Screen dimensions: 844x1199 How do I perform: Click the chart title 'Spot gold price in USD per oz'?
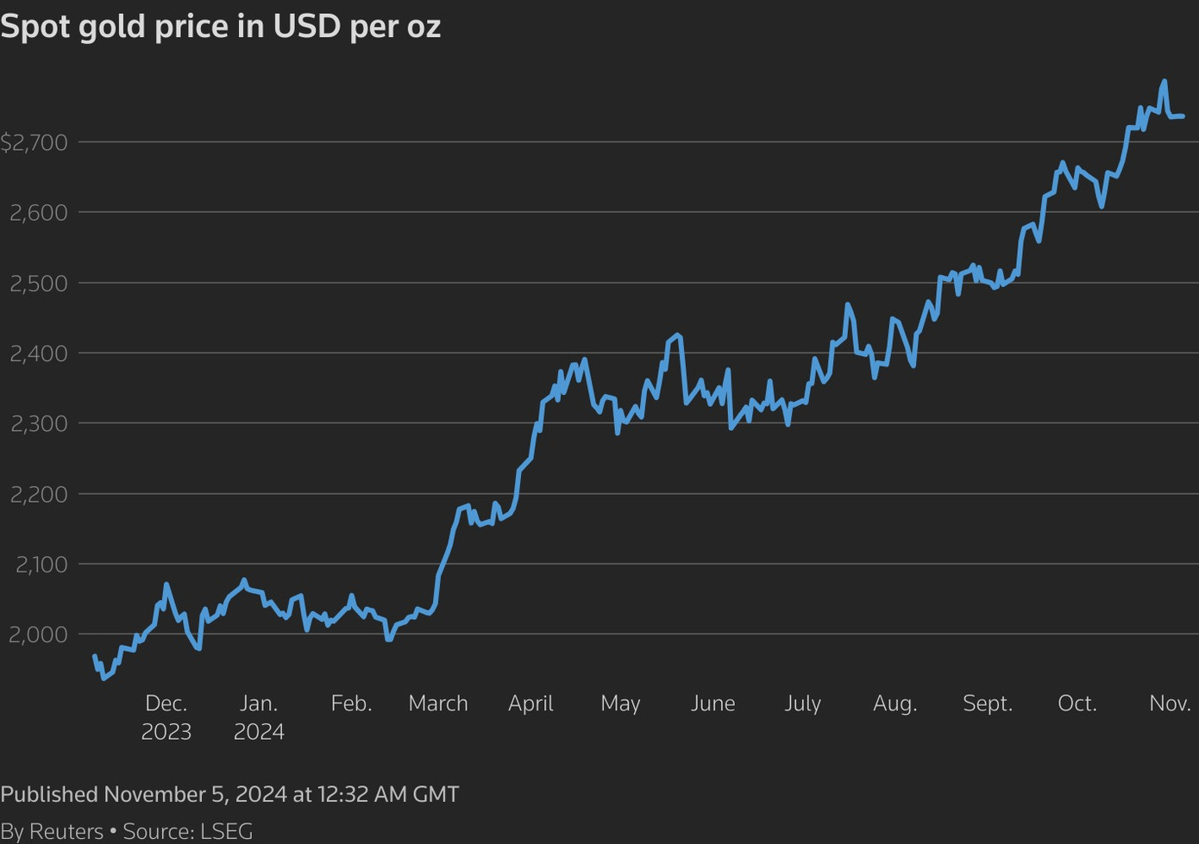pos(221,27)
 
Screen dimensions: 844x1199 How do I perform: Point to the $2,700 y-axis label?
pos(35,142)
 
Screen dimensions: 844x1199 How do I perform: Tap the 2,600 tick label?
pos(39,213)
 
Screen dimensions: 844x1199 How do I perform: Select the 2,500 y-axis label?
pos(39,284)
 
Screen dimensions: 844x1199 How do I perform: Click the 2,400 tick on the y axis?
pos(39,353)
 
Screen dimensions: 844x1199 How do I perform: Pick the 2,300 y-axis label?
pos(39,424)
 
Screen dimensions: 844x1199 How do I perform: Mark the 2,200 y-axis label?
pos(39,495)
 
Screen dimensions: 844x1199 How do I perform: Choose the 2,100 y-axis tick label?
pos(41,565)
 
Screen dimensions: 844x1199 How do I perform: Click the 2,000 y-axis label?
pos(39,635)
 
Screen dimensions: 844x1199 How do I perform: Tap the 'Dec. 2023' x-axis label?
pos(166,717)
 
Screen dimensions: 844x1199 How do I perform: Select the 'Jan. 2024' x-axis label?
pos(259,717)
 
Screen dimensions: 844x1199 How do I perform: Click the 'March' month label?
pos(438,703)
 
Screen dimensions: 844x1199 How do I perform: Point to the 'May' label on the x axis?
pos(620,703)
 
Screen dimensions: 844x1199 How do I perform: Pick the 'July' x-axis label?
pos(802,703)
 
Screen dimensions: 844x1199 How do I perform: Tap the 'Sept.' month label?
pos(988,703)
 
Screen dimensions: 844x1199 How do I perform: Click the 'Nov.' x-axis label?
pos(1170,703)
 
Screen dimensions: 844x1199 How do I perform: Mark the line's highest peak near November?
pos(1164,82)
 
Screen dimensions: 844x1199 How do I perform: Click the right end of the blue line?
pos(1183,116)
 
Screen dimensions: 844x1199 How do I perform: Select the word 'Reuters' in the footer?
pos(66,831)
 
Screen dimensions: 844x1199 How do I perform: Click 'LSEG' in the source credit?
pos(226,831)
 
